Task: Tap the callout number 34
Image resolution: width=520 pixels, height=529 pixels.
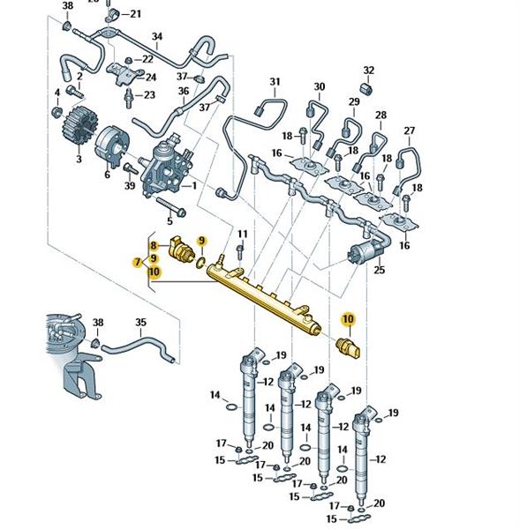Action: pos(157,37)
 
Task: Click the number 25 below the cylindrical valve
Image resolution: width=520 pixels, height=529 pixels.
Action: pos(379,271)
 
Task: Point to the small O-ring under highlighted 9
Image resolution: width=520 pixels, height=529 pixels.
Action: pos(200,261)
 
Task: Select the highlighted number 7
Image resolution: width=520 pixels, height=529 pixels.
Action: pos(137,262)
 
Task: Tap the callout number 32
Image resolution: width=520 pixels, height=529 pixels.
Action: pos(369,71)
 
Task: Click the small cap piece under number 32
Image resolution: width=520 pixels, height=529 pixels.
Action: pos(366,88)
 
